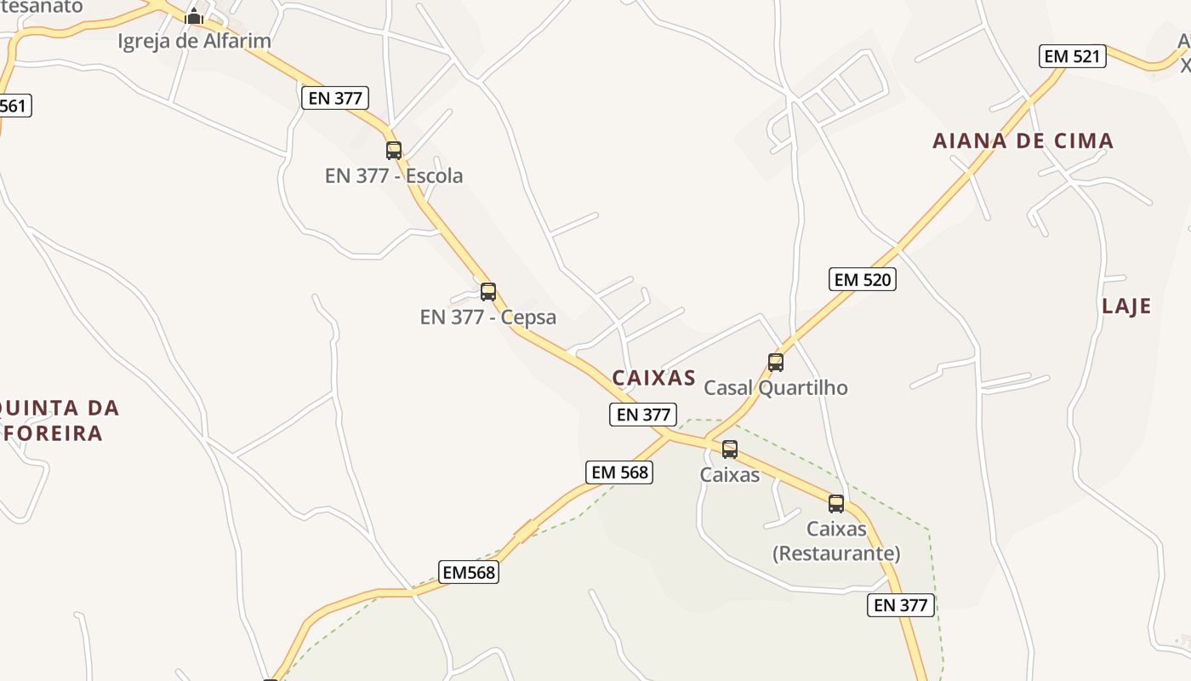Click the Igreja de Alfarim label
[194, 41]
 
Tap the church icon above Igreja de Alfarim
[195, 16]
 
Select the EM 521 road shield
[1073, 56]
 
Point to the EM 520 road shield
[863, 279]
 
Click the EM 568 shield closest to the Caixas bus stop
[619, 472]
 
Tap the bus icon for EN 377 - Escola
[394, 151]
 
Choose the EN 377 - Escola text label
[394, 176]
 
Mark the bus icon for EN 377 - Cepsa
[488, 292]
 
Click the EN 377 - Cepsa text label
[487, 318]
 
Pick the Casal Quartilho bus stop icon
[776, 363]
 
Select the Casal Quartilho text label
[775, 388]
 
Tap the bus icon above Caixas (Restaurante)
[836, 504]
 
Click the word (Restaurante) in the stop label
[836, 553]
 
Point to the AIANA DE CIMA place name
[1023, 141]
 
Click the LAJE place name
[1126, 306]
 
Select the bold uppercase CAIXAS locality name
[653, 378]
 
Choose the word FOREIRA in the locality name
[52, 433]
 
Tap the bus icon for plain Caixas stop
[730, 449]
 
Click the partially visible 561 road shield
[14, 106]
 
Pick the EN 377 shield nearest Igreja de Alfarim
[335, 98]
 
